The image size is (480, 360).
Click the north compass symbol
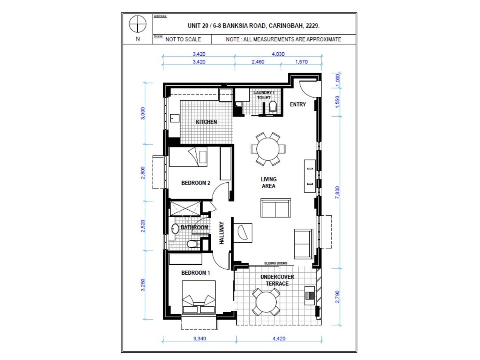click(x=137, y=24)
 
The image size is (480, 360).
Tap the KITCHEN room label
click(x=206, y=122)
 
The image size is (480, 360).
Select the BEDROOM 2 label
click(x=195, y=183)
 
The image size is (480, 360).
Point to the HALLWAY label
click(x=221, y=233)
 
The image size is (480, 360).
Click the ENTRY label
click(x=298, y=104)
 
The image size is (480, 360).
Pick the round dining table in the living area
click(x=268, y=149)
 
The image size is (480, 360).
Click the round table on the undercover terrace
click(x=266, y=302)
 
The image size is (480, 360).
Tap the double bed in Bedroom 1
click(x=199, y=297)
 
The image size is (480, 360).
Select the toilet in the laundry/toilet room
click(x=273, y=108)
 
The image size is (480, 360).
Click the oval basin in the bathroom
click(x=175, y=229)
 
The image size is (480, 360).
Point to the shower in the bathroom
click(x=185, y=208)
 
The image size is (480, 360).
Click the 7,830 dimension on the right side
click(x=337, y=193)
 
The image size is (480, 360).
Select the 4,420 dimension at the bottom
click(x=279, y=338)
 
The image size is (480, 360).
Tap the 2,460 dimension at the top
click(x=258, y=62)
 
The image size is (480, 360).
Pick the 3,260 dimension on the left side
click(x=143, y=285)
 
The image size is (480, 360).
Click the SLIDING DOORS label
click(x=275, y=263)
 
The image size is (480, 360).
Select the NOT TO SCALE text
click(x=183, y=39)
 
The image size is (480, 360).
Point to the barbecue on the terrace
click(x=310, y=295)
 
